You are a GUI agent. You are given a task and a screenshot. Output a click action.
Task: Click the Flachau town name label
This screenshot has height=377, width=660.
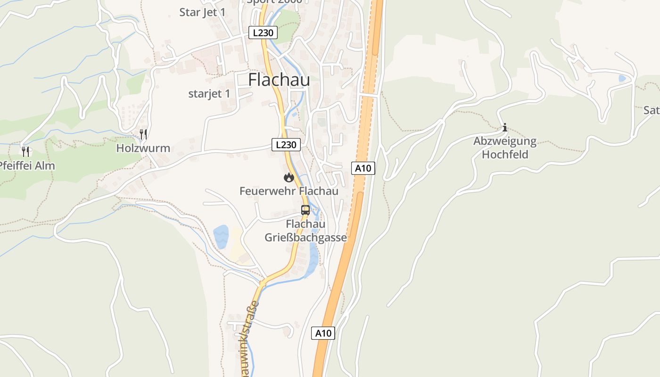279,80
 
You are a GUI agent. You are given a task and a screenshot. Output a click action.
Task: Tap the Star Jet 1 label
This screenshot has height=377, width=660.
202,12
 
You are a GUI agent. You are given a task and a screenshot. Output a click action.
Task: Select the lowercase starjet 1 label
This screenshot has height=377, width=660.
209,93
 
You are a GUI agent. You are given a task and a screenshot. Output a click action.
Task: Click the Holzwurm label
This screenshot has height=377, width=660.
143,148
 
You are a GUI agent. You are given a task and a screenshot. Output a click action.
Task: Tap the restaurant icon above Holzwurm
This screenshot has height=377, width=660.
143,134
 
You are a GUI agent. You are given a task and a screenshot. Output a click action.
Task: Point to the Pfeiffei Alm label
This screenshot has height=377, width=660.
27,165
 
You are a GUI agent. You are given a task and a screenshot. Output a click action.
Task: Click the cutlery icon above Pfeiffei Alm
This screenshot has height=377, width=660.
25,151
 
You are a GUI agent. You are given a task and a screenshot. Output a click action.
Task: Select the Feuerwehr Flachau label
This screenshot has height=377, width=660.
289,191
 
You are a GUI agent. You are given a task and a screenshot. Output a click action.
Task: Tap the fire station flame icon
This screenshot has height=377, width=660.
289,177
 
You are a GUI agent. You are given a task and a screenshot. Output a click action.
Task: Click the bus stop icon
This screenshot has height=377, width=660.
305,210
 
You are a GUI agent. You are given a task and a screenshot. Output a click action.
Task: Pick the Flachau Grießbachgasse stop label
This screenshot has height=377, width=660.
305,231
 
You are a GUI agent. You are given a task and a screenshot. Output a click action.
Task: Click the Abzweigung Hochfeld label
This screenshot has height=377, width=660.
505,148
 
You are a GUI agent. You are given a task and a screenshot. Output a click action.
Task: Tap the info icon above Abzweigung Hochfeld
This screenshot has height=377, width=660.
505,127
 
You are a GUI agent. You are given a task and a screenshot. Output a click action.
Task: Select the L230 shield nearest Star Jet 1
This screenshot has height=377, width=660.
263,33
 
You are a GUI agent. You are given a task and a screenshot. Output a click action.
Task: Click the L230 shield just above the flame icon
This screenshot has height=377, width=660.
286,145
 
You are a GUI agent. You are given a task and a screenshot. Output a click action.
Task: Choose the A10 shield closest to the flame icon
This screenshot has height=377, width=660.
363,168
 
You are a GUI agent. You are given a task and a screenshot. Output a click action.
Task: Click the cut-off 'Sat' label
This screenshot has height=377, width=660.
652,110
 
